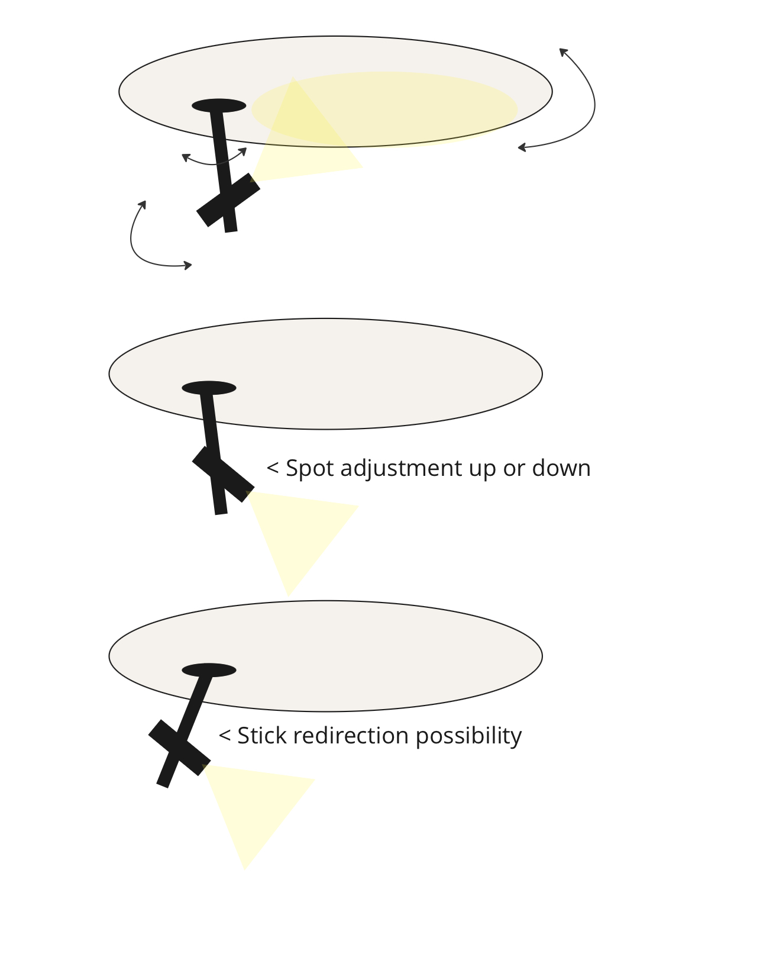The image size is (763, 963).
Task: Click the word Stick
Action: click(x=261, y=735)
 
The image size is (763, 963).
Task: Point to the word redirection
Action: click(x=351, y=735)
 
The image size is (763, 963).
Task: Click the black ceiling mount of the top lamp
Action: click(x=219, y=105)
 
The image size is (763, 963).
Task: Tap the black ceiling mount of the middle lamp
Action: click(x=209, y=388)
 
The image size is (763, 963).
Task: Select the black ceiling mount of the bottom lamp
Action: click(x=209, y=670)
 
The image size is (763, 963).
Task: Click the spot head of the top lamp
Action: click(x=228, y=200)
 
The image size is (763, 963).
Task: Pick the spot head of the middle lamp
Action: click(x=223, y=474)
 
